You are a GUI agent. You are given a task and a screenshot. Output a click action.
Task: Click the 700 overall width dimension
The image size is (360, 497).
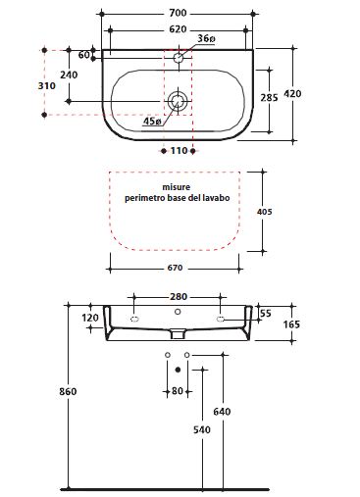(178, 13)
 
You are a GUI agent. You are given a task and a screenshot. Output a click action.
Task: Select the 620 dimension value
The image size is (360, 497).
(178, 29)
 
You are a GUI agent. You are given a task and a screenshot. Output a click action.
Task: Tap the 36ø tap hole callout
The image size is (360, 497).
(206, 38)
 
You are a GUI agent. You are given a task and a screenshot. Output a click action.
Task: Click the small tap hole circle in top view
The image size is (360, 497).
(179, 58)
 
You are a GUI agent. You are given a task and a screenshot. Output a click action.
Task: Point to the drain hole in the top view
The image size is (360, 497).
(178, 100)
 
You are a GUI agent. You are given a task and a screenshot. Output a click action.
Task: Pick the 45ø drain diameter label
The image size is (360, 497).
(152, 122)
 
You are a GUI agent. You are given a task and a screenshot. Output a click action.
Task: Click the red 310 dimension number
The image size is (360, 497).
(47, 86)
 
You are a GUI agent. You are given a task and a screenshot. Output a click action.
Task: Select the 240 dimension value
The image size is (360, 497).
(69, 75)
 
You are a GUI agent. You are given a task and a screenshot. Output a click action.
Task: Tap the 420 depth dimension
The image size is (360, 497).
(292, 94)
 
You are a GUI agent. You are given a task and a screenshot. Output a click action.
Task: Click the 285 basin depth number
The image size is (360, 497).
(269, 97)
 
